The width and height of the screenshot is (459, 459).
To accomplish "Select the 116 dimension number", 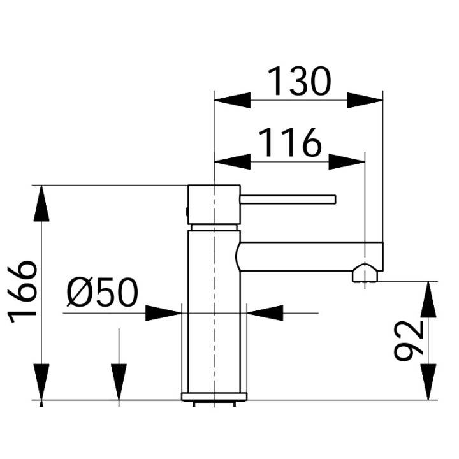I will [x=289, y=143].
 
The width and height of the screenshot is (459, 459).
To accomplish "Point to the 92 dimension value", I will [x=409, y=340].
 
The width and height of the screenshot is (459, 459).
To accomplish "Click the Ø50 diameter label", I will [x=102, y=294].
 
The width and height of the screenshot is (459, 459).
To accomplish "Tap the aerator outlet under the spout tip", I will [x=365, y=275].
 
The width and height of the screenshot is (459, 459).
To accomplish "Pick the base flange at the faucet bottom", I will [x=214, y=397].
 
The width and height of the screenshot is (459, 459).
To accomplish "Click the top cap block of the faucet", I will [x=214, y=205].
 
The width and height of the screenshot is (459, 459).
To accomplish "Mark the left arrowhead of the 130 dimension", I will [x=231, y=101].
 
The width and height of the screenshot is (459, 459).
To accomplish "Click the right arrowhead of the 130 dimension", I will [x=365, y=101].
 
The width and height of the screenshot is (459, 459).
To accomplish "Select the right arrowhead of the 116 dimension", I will [x=347, y=162].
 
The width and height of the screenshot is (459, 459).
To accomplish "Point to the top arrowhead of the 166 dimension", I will [x=41, y=203].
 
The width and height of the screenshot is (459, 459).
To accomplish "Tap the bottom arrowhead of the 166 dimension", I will [x=41, y=382].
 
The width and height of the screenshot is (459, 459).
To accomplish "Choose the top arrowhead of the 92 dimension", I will [x=429, y=298].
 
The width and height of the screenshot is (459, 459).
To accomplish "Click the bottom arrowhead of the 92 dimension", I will [x=429, y=383].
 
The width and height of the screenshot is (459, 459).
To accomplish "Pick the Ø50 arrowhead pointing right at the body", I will [x=164, y=313].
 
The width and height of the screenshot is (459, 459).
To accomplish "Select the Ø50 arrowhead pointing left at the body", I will [x=265, y=313].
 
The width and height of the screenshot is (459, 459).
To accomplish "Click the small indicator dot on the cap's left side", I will [x=187, y=211].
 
